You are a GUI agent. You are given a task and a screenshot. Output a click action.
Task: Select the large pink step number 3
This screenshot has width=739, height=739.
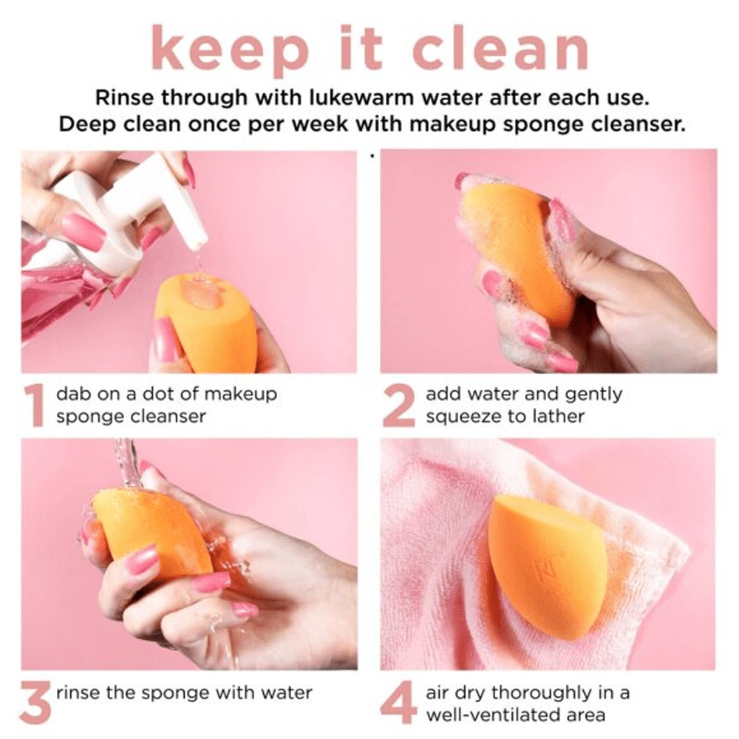36,702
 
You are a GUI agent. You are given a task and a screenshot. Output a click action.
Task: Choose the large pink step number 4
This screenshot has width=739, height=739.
398,702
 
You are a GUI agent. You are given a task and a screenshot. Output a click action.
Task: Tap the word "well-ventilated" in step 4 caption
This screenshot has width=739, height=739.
495,715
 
